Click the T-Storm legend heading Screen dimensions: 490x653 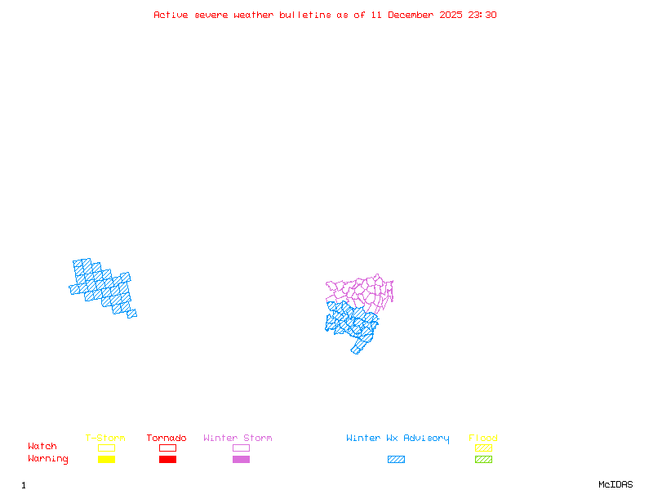[x=105, y=439]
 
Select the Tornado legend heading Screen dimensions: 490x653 [x=167, y=439]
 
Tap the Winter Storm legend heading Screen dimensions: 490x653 [x=238, y=439]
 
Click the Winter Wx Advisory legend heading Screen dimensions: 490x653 [x=398, y=439]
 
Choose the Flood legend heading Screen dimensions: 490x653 [x=483, y=439]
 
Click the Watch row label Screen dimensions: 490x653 [x=42, y=447]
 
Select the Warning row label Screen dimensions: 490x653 [x=48, y=459]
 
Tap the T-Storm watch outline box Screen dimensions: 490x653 [x=106, y=448]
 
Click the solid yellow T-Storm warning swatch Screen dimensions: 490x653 [x=106, y=460]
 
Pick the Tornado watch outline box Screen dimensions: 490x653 [x=167, y=448]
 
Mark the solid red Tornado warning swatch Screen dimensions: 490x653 [x=167, y=460]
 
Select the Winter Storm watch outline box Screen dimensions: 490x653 [x=241, y=448]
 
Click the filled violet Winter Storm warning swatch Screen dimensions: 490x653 [x=241, y=460]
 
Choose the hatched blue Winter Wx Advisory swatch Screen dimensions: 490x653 [x=396, y=460]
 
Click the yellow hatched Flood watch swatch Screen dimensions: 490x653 [x=483, y=448]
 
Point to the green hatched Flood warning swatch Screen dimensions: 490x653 [x=483, y=460]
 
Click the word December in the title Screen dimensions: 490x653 [x=413, y=15]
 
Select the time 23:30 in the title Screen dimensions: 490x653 [x=482, y=15]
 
